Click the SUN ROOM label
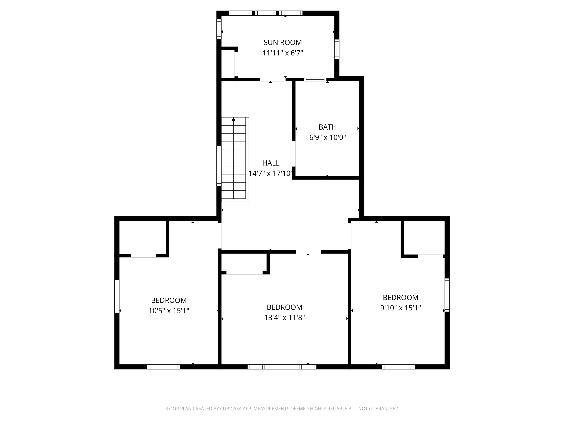283,42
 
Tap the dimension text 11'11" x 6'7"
283,53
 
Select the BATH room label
327,127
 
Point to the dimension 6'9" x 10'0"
327,138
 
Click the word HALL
271,163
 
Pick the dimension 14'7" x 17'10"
270,173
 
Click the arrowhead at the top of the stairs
234,119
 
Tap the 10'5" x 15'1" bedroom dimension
169,311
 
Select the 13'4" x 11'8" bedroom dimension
285,317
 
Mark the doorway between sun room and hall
273,79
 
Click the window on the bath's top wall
315,79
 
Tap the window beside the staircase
219,166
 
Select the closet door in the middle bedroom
244,273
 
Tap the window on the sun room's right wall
337,49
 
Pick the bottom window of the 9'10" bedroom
398,367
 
